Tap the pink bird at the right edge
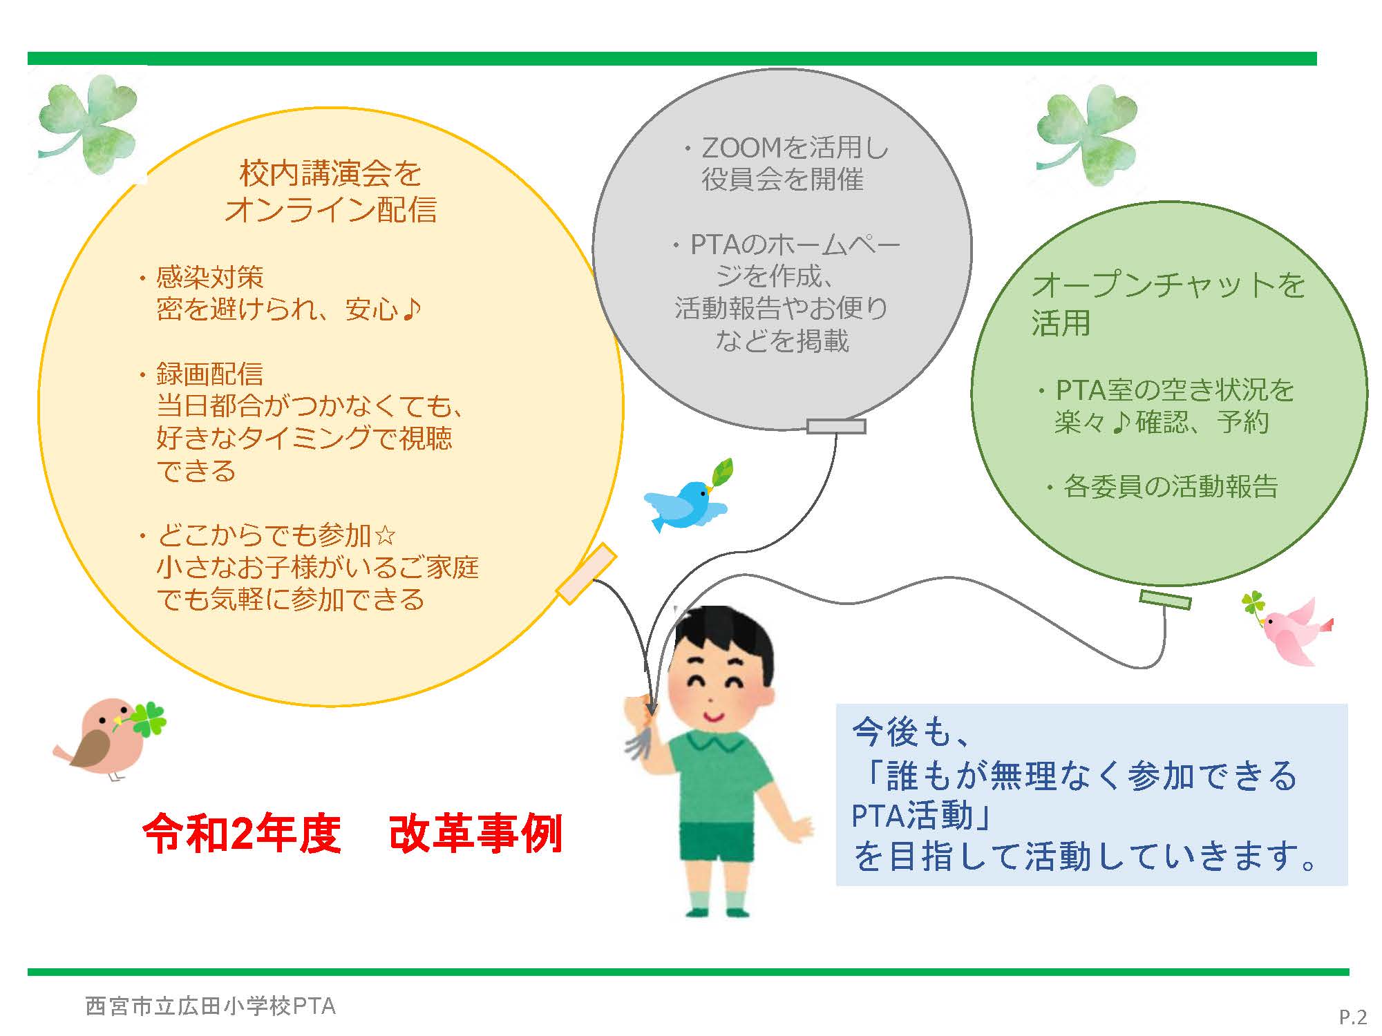(x=1296, y=632)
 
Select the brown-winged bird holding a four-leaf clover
(x=104, y=739)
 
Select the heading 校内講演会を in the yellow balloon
(x=330, y=173)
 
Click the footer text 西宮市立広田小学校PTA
(x=210, y=1006)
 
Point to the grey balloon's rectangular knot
(x=836, y=426)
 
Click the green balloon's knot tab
(x=1165, y=599)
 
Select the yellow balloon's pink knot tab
(x=586, y=574)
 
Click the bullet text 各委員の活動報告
(x=1171, y=487)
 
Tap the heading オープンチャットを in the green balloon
(x=1168, y=285)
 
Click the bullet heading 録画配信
(x=209, y=374)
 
